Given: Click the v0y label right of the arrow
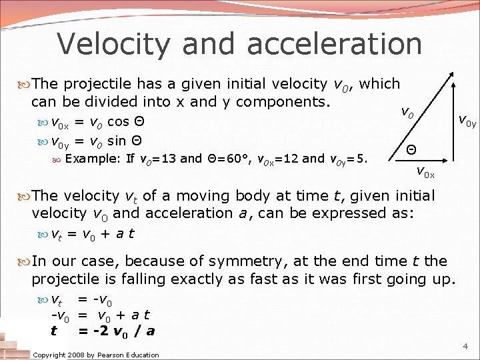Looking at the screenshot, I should point(466,121).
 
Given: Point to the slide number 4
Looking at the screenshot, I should point(465,347).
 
